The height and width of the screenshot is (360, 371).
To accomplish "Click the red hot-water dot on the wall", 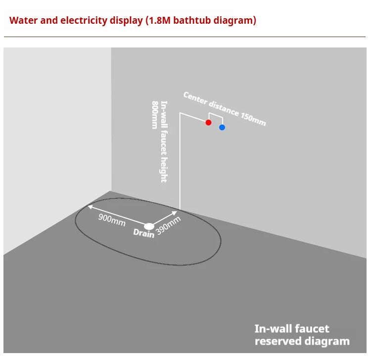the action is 208,123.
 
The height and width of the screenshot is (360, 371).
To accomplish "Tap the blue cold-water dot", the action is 222,128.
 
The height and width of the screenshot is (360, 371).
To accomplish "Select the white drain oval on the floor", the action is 149,226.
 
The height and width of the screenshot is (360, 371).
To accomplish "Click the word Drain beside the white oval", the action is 143,233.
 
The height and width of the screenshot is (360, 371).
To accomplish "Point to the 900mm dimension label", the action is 112,220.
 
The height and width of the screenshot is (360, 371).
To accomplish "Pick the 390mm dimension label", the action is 168,225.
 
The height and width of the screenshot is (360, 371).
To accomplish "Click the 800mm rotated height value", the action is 154,115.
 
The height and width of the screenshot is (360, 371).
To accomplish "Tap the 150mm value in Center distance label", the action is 253,119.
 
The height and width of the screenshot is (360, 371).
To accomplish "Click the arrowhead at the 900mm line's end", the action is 90,207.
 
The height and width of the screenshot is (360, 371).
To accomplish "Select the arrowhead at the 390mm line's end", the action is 175,213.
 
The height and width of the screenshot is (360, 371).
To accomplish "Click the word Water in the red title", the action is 23,20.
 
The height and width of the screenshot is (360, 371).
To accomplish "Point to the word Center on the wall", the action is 195,98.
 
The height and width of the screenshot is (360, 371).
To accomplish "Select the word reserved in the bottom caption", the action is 278,341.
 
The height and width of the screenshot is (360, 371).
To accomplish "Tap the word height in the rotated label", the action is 164,170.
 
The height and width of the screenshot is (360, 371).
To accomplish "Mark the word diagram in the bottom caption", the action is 327,342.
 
